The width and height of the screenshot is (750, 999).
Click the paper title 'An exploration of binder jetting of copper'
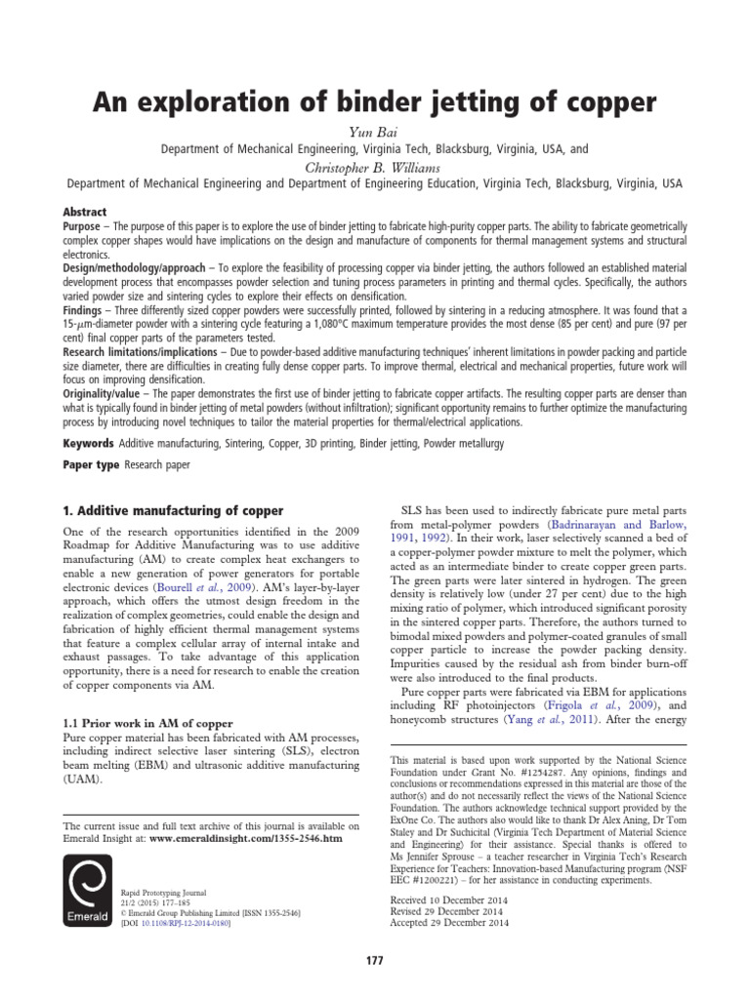[x=375, y=102]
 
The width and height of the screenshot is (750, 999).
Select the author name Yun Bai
[x=375, y=133]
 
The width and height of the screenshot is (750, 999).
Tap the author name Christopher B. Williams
[x=375, y=167]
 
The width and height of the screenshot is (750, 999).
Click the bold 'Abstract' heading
[x=85, y=211]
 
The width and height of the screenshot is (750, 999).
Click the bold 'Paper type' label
[x=91, y=466]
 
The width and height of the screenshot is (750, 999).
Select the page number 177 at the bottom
[x=375, y=961]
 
